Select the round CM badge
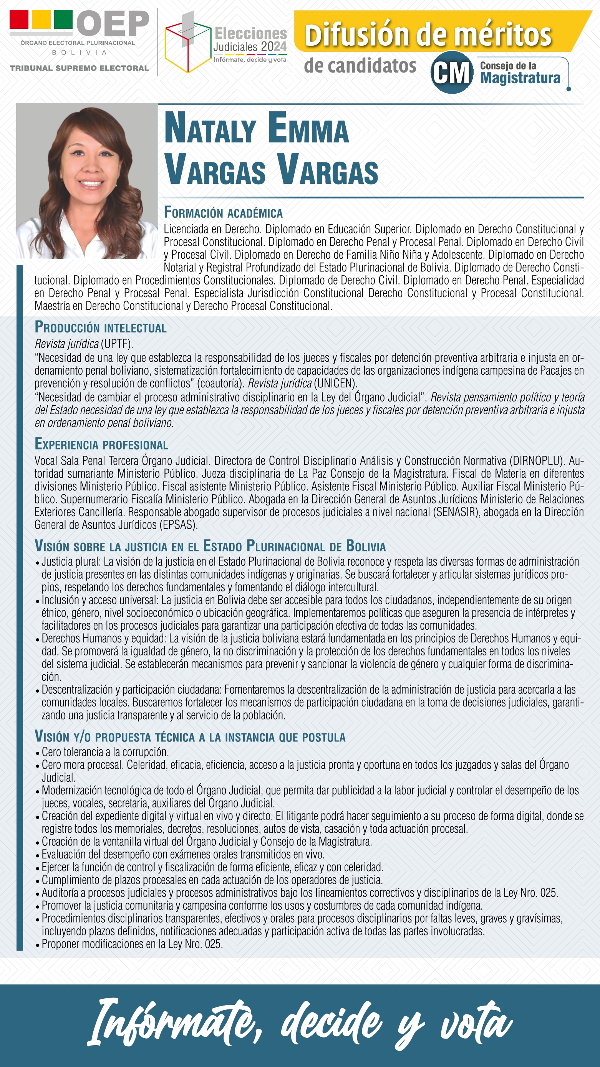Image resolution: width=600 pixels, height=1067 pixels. [452, 73]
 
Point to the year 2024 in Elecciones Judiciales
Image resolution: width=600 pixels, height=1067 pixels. [274, 47]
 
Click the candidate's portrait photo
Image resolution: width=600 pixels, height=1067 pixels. [87, 181]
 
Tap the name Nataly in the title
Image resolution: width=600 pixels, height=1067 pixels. [210, 129]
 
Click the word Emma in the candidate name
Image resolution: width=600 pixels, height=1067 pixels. [308, 129]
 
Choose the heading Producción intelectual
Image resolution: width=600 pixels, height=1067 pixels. [101, 327]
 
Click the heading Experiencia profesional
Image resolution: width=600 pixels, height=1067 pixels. [101, 444]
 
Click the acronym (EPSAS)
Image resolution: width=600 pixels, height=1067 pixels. [178, 525]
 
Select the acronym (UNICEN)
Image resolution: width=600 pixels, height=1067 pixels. [335, 383]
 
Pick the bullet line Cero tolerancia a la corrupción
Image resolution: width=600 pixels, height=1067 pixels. [105, 752]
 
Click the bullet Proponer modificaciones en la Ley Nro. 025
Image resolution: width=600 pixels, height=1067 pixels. [132, 944]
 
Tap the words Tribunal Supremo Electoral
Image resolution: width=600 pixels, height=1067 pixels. [79, 68]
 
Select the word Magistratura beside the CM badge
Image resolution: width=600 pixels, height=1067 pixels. [520, 78]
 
